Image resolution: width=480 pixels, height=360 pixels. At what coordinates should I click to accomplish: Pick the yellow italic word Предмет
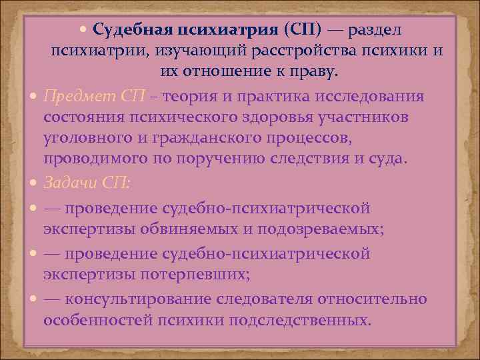click(74, 95)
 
